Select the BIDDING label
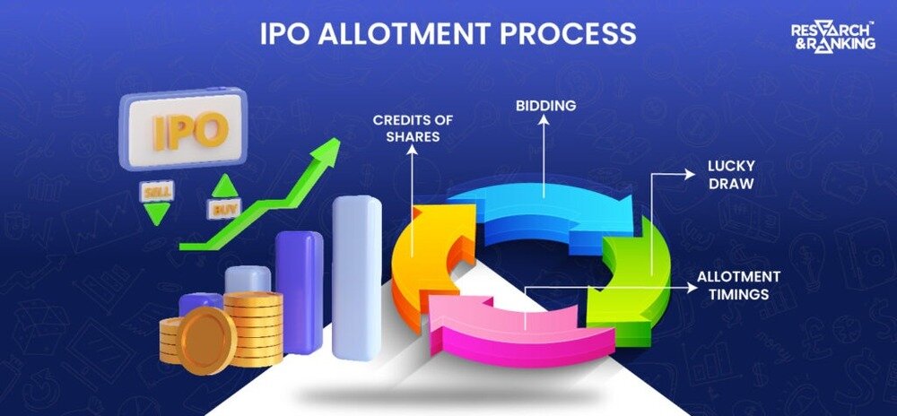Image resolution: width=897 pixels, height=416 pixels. [544, 106]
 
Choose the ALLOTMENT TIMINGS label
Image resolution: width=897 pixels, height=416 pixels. [738, 284]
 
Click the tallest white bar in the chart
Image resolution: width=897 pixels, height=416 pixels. [356, 278]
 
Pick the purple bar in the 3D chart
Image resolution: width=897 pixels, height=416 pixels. [299, 291]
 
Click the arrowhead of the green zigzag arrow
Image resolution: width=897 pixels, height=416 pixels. [327, 153]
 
